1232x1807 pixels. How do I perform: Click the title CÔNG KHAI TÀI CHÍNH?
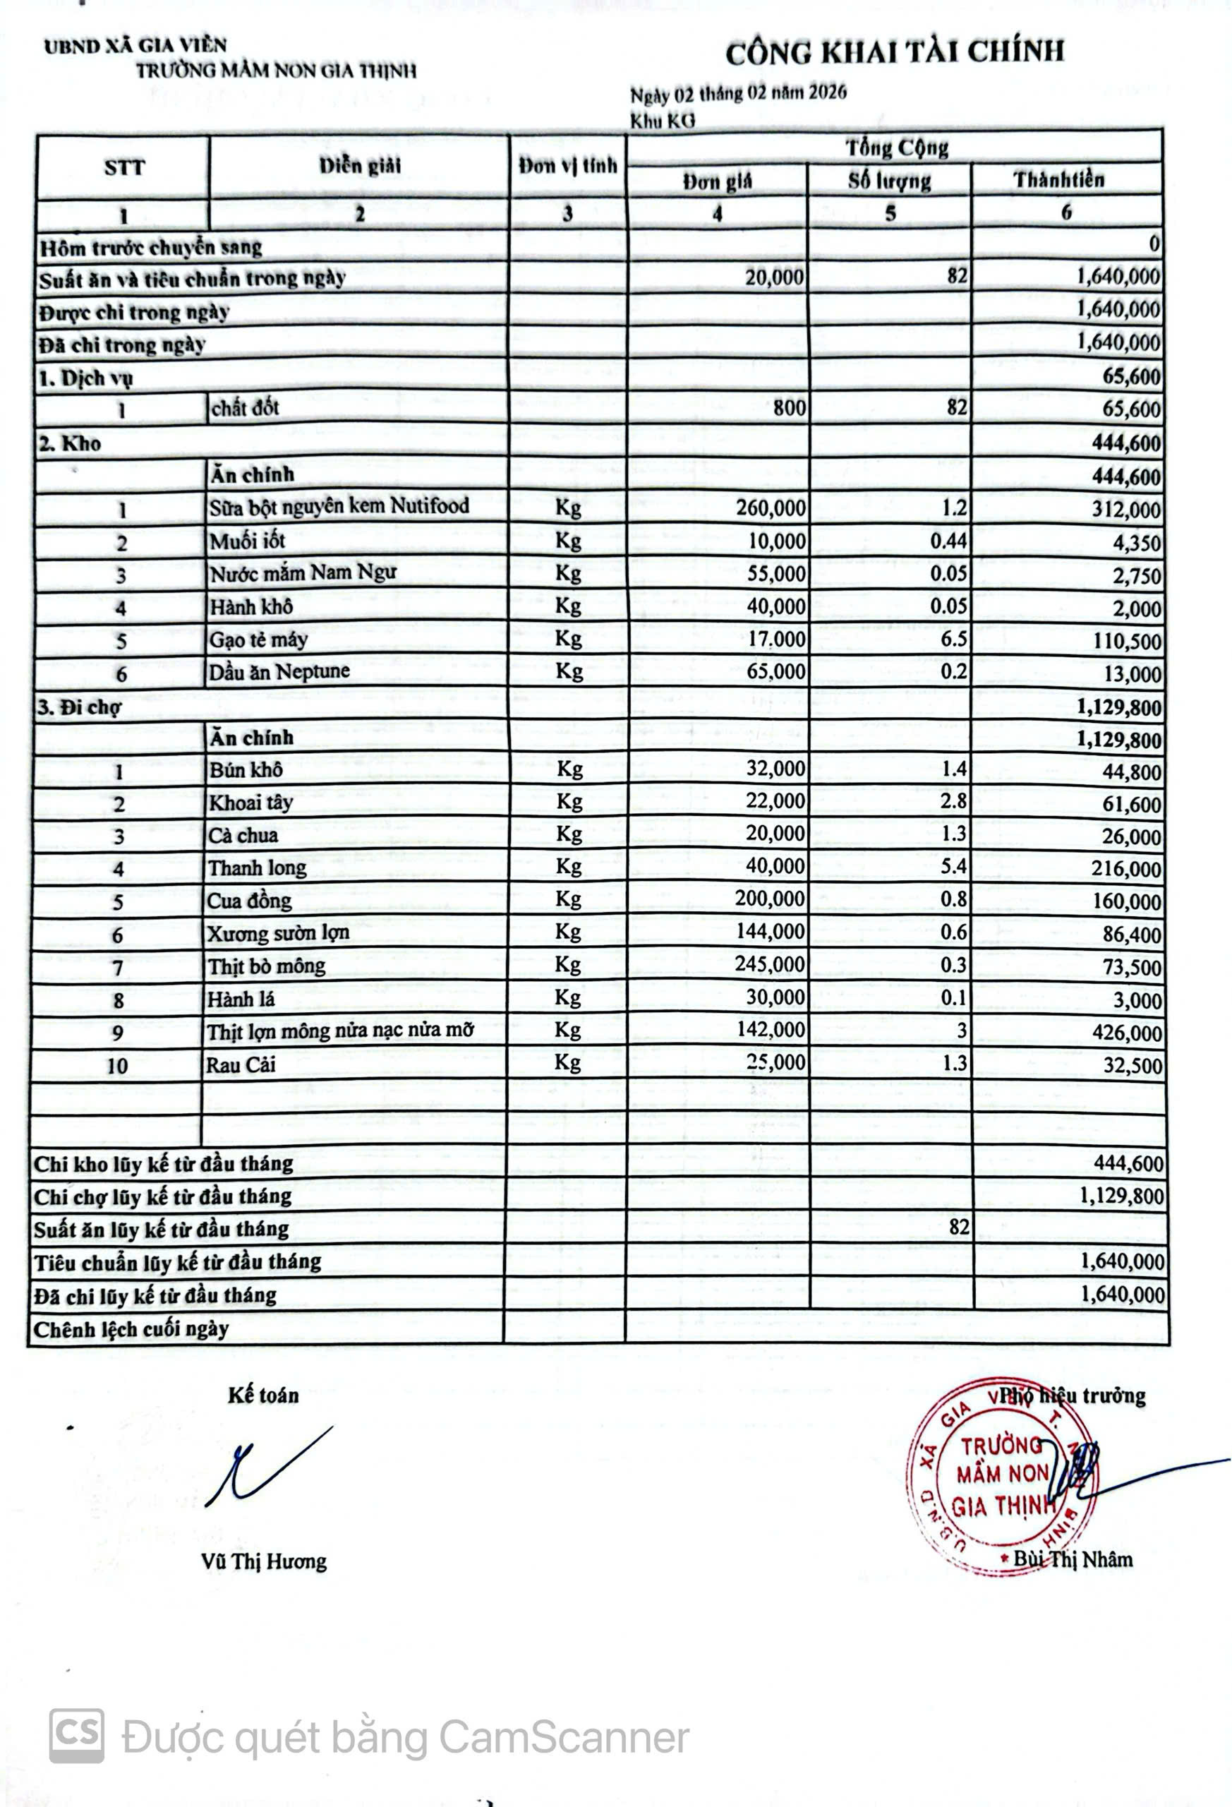895,52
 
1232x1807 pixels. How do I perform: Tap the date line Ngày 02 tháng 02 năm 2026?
737,94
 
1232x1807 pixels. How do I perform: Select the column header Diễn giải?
359,166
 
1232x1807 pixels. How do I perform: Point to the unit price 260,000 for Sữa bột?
771,508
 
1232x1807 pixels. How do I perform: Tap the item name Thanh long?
258,868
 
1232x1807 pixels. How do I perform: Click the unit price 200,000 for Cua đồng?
770,899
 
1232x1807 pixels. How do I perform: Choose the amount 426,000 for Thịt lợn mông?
1126,1033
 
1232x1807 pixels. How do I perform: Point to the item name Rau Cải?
241,1064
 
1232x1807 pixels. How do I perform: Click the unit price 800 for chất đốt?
789,407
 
